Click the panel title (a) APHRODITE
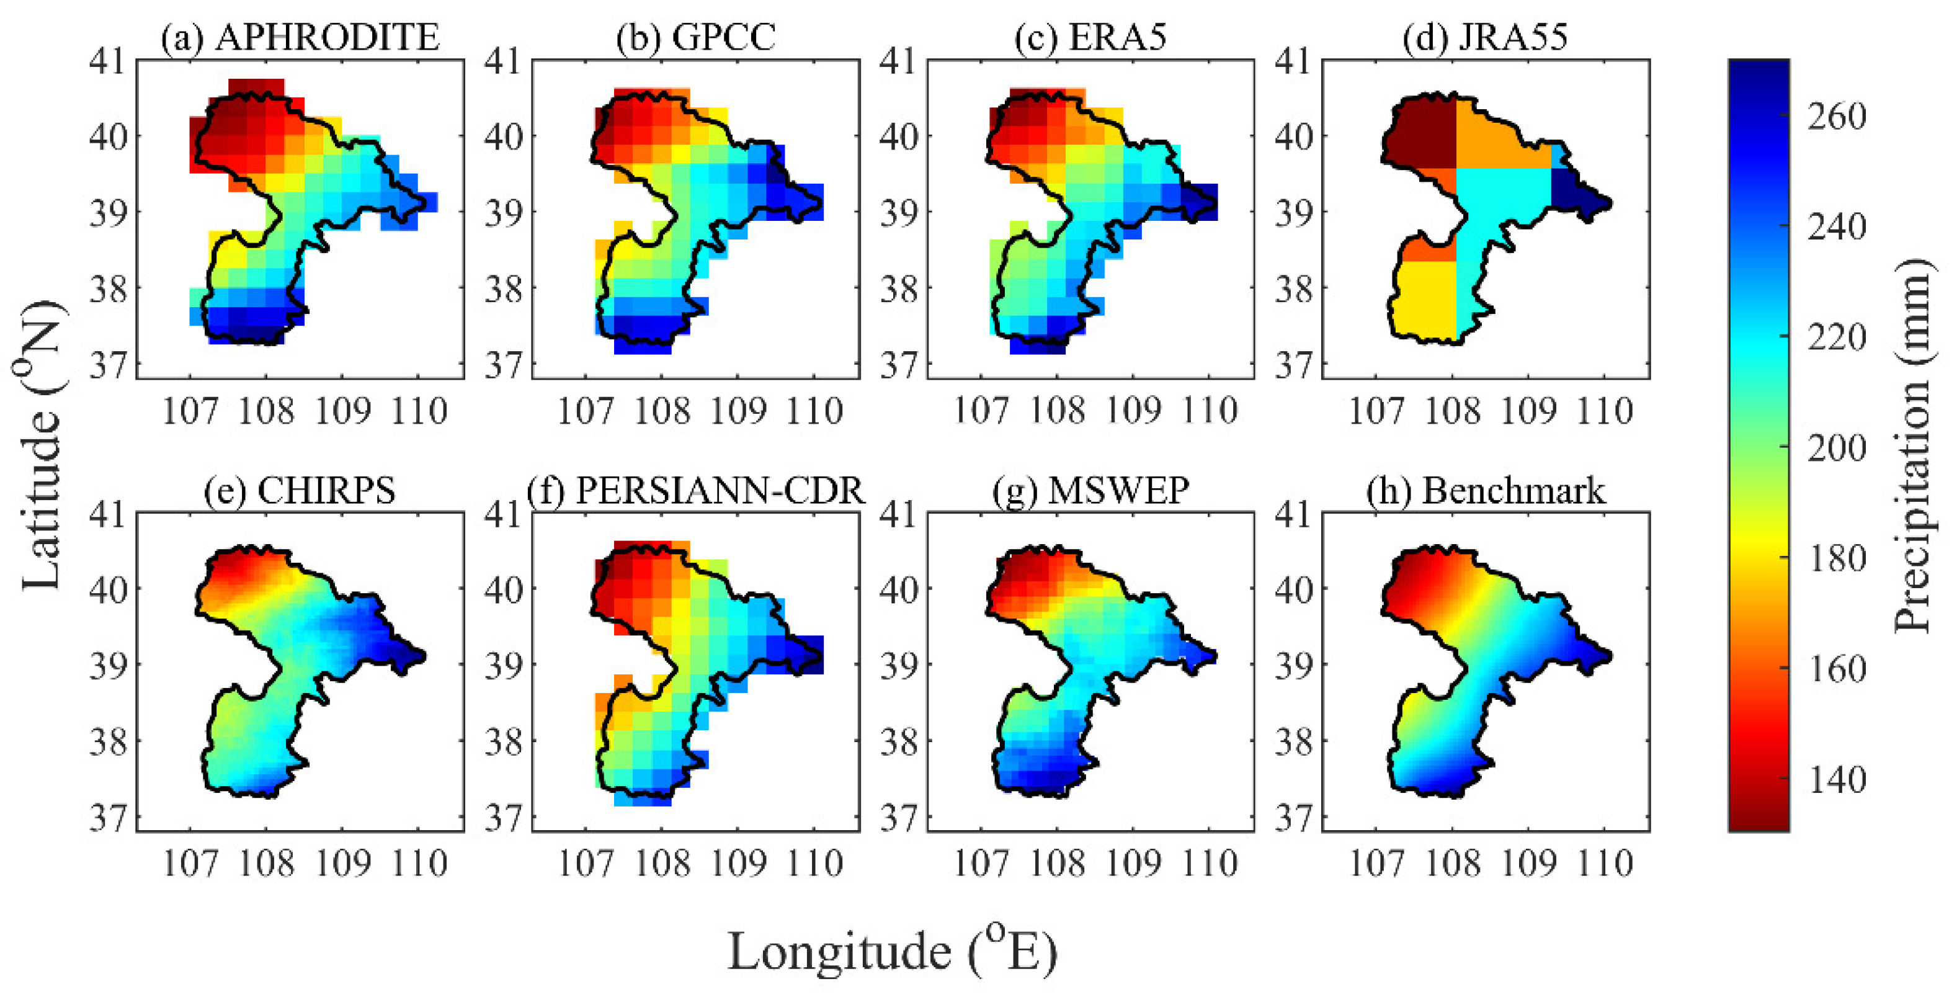(300, 37)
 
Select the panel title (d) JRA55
(1484, 37)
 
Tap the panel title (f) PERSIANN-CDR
(696, 491)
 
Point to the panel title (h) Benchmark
(1485, 491)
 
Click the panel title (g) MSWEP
(1090, 491)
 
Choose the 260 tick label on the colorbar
(1836, 116)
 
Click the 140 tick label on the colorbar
(1836, 779)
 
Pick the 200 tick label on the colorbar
(1836, 447)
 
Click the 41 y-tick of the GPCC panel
(504, 61)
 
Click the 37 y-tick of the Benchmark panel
(1294, 818)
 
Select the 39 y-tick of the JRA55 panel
(1294, 213)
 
